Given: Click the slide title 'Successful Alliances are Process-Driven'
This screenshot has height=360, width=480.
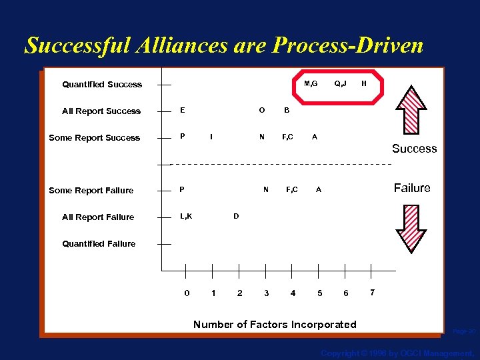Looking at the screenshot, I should tap(224, 45).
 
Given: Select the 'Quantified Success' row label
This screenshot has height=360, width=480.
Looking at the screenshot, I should tap(102, 85).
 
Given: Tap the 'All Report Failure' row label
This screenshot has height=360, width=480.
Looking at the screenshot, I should tap(98, 217).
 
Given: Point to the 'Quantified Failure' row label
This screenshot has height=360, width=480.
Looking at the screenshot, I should tap(99, 244).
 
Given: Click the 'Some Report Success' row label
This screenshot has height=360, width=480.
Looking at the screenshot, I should tap(95, 138).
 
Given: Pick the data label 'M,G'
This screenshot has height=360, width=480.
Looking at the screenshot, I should tap(311, 83).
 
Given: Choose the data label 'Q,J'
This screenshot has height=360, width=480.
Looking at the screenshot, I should tap(341, 83).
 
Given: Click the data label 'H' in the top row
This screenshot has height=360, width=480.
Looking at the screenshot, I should tap(363, 83).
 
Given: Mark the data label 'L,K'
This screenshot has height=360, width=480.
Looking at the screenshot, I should tap(186, 216).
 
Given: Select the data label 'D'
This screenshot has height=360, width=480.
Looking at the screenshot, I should tap(236, 216).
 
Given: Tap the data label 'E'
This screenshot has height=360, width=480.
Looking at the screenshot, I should tap(183, 110).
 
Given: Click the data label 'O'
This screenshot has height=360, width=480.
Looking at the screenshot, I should tap(262, 110).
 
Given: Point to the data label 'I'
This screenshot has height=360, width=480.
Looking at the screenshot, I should tap(211, 137).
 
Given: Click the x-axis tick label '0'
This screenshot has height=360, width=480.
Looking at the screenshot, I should tap(186, 293).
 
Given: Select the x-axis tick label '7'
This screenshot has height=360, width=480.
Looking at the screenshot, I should tap(372, 293).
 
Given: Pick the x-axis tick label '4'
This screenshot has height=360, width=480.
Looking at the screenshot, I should tap(293, 293).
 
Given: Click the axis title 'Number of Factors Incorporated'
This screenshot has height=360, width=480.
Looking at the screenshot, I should tap(275, 325).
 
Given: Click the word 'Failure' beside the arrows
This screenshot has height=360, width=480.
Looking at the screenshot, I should tap(412, 188).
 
